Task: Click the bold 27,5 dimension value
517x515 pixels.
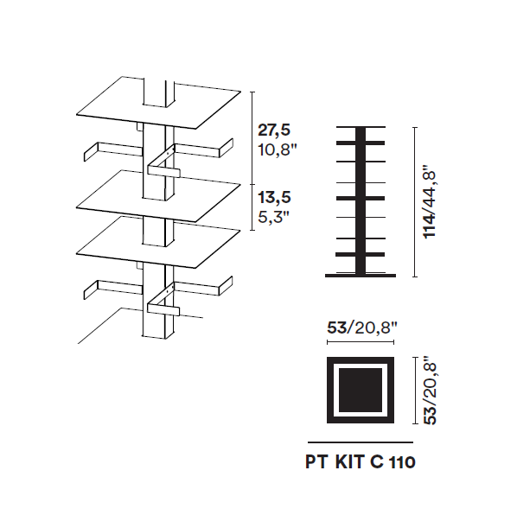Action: [x=274, y=130]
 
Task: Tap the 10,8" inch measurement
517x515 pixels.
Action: [x=278, y=149]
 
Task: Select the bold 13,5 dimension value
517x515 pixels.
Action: [x=274, y=197]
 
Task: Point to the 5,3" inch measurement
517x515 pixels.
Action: [x=273, y=217]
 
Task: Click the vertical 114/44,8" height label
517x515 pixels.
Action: [x=430, y=204]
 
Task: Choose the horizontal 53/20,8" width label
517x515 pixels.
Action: [x=362, y=327]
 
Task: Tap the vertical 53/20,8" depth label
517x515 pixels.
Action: [x=430, y=391]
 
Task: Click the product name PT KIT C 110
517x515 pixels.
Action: [x=361, y=461]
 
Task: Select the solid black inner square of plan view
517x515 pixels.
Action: [x=361, y=390]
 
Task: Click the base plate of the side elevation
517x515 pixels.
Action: [x=361, y=276]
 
